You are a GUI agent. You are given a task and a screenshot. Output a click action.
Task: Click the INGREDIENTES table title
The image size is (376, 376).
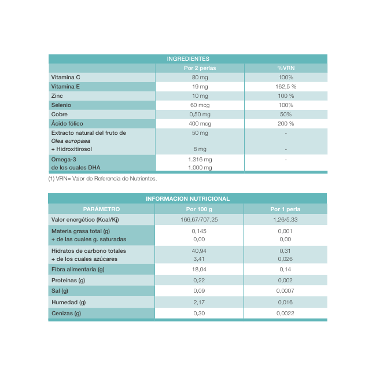click(x=188, y=59)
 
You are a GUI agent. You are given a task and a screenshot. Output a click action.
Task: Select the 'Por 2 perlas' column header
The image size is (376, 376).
click(x=200, y=68)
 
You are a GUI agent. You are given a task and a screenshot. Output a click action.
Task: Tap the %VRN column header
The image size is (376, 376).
click(x=286, y=68)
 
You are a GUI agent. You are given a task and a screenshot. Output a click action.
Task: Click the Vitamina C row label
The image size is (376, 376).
click(x=65, y=78)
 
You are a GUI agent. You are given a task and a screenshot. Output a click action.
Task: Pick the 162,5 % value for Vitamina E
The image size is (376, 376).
click(x=286, y=87)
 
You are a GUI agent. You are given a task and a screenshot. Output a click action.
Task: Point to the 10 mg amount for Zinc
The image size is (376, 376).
click(x=200, y=96)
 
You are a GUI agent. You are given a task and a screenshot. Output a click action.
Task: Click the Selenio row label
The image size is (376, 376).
click(x=62, y=105)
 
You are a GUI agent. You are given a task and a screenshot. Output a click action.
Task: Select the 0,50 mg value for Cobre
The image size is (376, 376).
click(x=200, y=115)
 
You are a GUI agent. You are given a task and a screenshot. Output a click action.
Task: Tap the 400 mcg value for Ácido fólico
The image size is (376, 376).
click(x=200, y=124)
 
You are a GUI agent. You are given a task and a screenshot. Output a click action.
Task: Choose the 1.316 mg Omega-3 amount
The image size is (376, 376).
click(x=200, y=159)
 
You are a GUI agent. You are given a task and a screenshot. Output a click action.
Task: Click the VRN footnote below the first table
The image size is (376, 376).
click(x=102, y=179)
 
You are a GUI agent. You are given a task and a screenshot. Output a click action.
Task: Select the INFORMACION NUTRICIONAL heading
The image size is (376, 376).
click(x=188, y=198)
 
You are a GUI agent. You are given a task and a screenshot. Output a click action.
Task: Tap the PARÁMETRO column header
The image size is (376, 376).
click(x=101, y=209)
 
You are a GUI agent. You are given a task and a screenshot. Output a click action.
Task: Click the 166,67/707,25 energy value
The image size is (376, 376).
click(x=199, y=220)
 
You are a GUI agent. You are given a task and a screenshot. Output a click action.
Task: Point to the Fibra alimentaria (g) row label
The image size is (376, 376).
click(x=78, y=270)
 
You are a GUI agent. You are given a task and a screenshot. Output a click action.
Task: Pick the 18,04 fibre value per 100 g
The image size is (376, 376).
click(x=199, y=270)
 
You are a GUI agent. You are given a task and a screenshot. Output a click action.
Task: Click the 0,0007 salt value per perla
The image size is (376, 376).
click(x=286, y=291)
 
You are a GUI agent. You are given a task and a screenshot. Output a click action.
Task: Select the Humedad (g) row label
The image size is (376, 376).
click(x=68, y=303)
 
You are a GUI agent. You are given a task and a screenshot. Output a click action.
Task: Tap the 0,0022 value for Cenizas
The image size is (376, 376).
click(x=286, y=314)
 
